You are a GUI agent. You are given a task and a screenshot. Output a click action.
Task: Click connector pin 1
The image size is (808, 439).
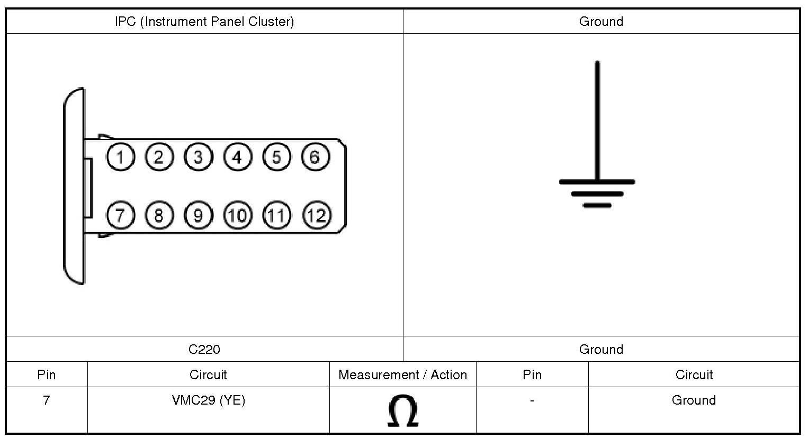point(121,157)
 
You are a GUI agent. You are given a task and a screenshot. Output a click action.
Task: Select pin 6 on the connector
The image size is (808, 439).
point(315,157)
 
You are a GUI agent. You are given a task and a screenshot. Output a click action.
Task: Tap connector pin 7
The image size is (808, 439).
point(121,215)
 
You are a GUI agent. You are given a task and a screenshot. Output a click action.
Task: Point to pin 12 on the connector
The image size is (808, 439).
point(317,215)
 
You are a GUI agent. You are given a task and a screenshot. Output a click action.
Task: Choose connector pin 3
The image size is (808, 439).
point(198,157)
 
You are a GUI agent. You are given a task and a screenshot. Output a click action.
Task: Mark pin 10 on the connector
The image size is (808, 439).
point(238,215)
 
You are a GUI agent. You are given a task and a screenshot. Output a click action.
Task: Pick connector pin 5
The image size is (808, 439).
point(276,157)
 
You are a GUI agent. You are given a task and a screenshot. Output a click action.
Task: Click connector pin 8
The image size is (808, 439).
point(159,215)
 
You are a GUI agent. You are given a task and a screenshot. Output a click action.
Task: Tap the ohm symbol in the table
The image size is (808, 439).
point(402,410)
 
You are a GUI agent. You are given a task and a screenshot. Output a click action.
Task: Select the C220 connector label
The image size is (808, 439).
point(204,349)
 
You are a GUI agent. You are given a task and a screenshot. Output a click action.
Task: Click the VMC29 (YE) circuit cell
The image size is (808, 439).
point(209,400)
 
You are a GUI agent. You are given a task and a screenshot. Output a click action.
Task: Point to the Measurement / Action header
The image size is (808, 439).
point(403,375)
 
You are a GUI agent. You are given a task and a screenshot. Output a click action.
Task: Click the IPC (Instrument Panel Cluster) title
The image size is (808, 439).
point(204,22)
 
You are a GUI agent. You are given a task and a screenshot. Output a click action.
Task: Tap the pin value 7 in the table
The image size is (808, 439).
point(47,400)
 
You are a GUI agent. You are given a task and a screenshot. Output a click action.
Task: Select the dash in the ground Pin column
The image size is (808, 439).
point(532,401)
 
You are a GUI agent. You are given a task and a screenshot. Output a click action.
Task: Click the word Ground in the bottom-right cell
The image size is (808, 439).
point(694,400)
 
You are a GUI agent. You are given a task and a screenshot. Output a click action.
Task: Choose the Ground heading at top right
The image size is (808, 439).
point(601,22)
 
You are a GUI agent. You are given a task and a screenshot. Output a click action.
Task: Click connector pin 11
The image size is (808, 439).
point(276,215)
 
